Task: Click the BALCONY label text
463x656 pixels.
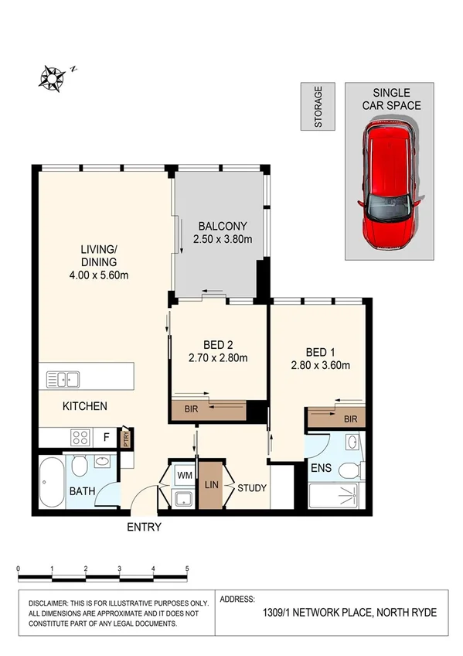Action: coord(223,226)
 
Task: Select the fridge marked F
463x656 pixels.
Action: coord(107,436)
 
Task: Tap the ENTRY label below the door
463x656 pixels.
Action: coord(144,528)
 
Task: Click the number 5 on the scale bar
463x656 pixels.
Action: coord(187,569)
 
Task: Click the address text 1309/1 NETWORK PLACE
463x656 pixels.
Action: coord(313,613)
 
